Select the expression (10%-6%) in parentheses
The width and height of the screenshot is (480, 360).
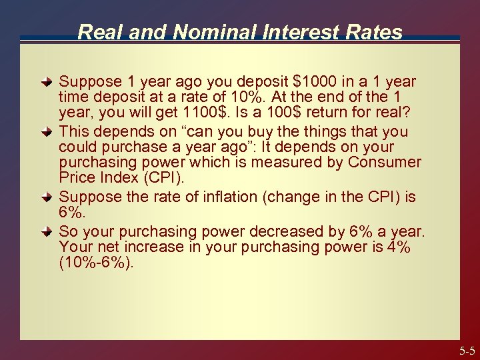pyautogui.click(x=96, y=262)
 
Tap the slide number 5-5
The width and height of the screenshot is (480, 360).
pyautogui.click(x=466, y=351)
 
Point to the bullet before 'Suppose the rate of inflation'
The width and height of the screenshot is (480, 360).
pyautogui.click(x=46, y=197)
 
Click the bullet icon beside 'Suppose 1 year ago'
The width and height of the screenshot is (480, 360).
pyautogui.click(x=46, y=83)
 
